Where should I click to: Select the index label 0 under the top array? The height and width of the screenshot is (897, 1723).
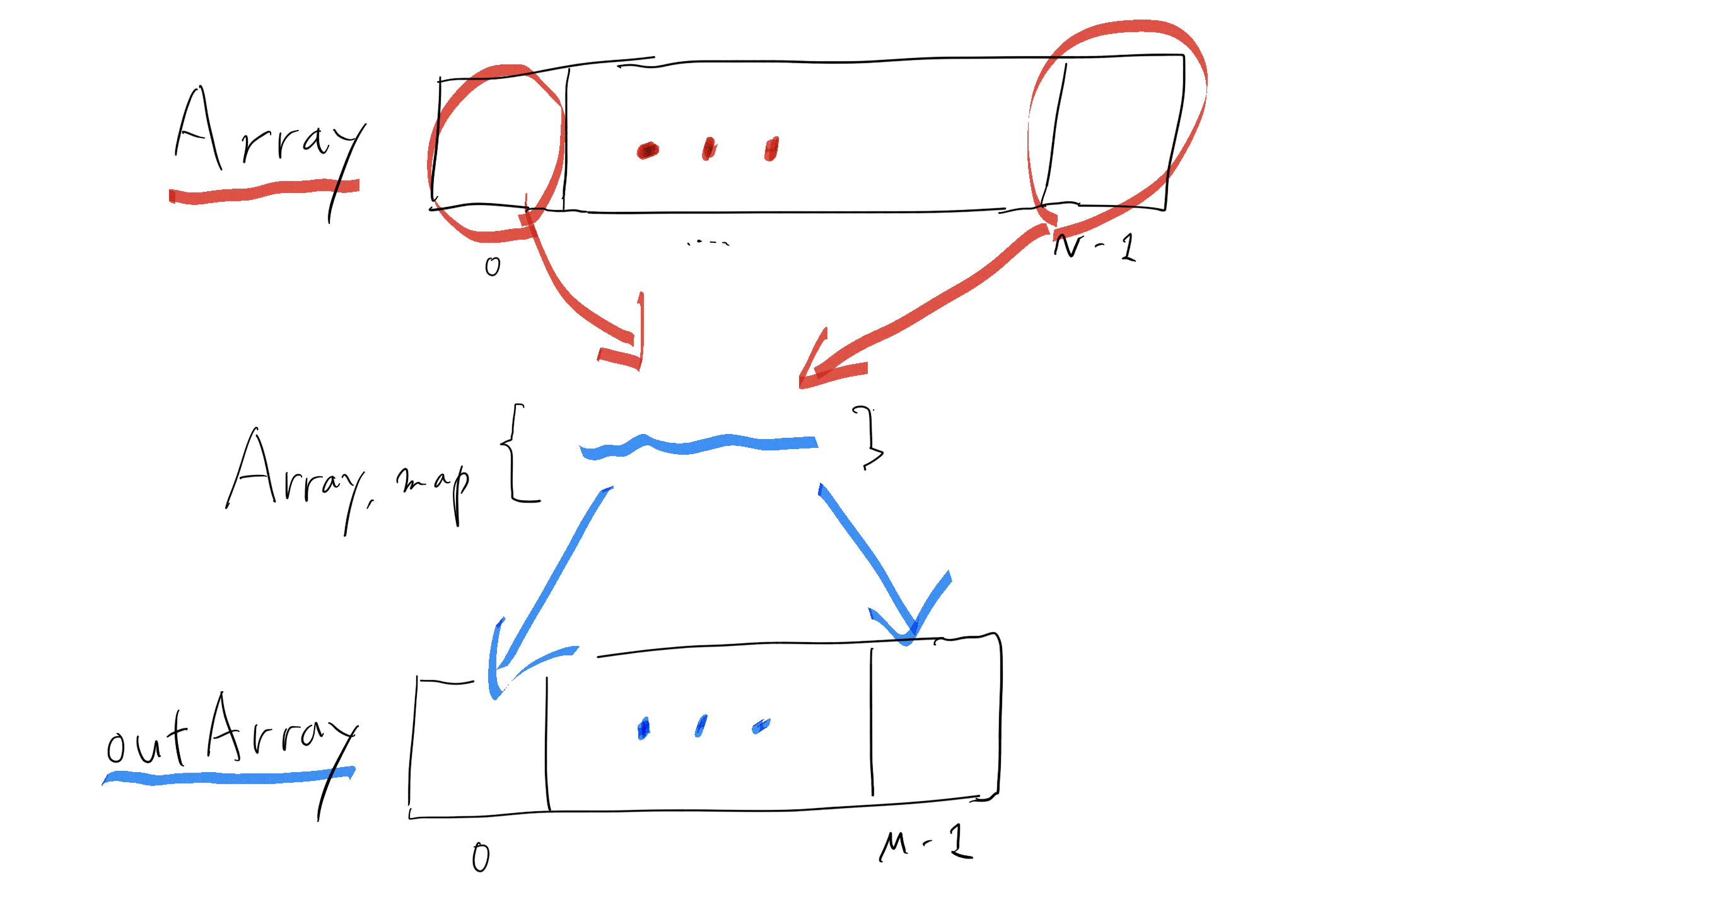493,267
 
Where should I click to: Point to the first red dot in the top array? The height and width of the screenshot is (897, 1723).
648,151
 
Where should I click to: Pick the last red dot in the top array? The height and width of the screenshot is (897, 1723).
771,148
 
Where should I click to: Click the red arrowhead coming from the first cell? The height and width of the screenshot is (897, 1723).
626,341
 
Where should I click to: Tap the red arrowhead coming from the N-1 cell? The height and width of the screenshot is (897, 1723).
826,365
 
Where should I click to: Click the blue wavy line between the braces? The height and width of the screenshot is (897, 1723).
699,445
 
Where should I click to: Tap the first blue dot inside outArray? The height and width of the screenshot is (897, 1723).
643,729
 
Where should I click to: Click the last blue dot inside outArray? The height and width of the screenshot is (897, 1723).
761,727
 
